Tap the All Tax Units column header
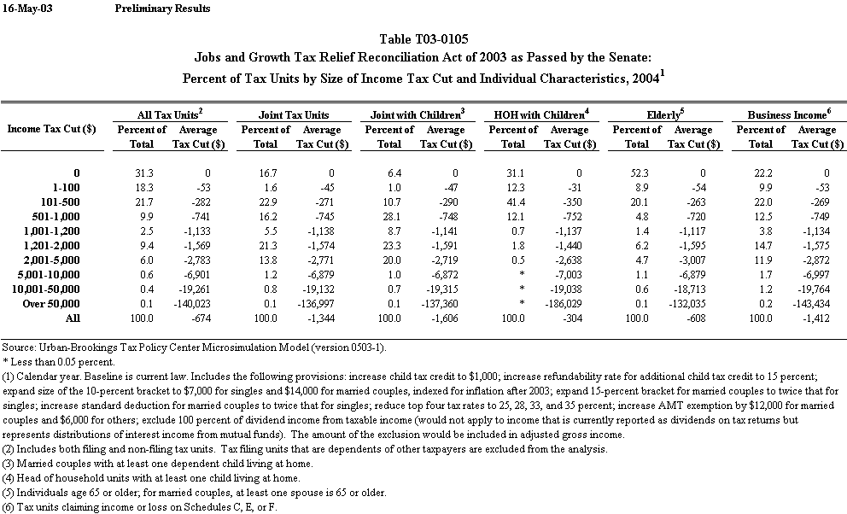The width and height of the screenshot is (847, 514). point(170,114)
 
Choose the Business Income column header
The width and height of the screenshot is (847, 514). point(787,114)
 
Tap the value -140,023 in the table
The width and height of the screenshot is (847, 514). point(190,305)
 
